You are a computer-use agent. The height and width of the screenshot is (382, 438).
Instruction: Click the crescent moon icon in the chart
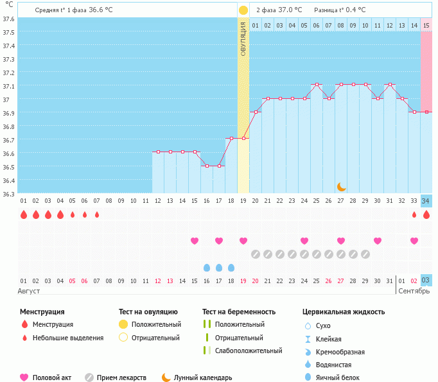pyautogui.click(x=342, y=186)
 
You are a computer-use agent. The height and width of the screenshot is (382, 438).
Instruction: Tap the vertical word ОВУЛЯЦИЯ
pyautogui.click(x=243, y=39)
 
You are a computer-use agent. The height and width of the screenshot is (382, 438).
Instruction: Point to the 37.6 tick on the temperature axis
pyautogui.click(x=8, y=19)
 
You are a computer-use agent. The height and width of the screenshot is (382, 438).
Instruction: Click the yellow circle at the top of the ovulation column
pyautogui.click(x=243, y=10)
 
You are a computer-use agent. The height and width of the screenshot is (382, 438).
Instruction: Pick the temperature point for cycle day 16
pyautogui.click(x=207, y=166)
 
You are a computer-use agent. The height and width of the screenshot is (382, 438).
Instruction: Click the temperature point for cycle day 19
pyautogui.click(x=243, y=139)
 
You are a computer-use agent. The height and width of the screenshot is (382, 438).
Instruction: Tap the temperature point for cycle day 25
pyautogui.click(x=316, y=85)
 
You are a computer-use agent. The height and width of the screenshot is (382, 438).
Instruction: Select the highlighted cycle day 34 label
pyautogui.click(x=426, y=201)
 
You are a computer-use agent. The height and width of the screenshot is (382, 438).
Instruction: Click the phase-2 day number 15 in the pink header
pyautogui.click(x=426, y=25)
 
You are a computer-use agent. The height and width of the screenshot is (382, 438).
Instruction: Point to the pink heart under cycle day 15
pyautogui.click(x=195, y=241)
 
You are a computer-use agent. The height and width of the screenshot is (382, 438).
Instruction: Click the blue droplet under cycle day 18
pyautogui.click(x=231, y=267)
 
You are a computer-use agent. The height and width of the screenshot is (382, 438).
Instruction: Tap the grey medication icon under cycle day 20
pyautogui.click(x=256, y=254)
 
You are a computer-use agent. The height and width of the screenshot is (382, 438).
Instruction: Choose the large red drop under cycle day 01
pyautogui.click(x=24, y=214)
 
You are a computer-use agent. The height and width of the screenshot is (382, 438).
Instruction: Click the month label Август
pyautogui.click(x=30, y=291)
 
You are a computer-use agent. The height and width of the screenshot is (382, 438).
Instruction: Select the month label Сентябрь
pyautogui.click(x=414, y=291)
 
